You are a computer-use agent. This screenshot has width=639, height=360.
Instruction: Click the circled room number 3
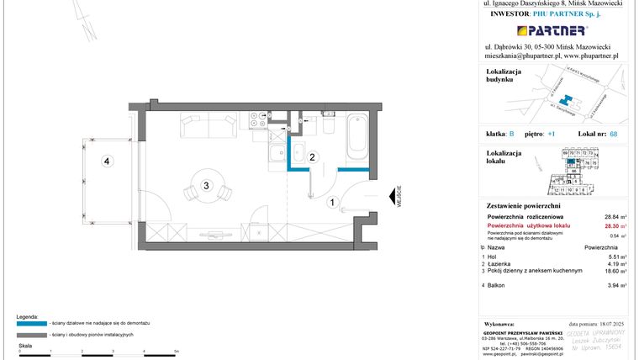[x=206, y=184]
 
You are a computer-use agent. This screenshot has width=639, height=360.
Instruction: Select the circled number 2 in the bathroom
[x=311, y=156]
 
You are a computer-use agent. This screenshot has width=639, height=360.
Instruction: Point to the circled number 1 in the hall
[x=332, y=202]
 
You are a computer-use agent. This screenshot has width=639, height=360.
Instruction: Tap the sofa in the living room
[x=208, y=128]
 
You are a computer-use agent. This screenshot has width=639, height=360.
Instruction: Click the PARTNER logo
[x=551, y=31]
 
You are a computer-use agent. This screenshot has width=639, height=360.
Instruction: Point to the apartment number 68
[x=614, y=134]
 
